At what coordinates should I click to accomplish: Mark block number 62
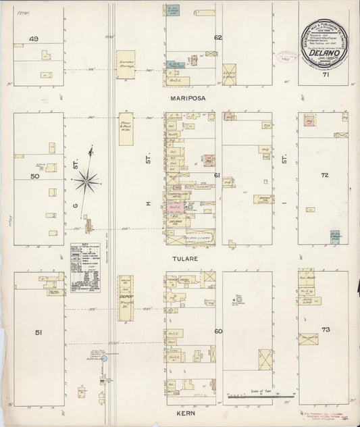(218, 37)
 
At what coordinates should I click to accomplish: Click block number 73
(326, 330)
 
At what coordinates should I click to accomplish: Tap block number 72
(325, 175)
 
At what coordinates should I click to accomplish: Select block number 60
(218, 331)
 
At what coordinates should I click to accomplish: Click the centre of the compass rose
(86, 180)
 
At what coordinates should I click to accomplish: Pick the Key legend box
(85, 268)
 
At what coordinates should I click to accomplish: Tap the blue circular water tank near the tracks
(103, 359)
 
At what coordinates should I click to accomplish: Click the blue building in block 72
(335, 236)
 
